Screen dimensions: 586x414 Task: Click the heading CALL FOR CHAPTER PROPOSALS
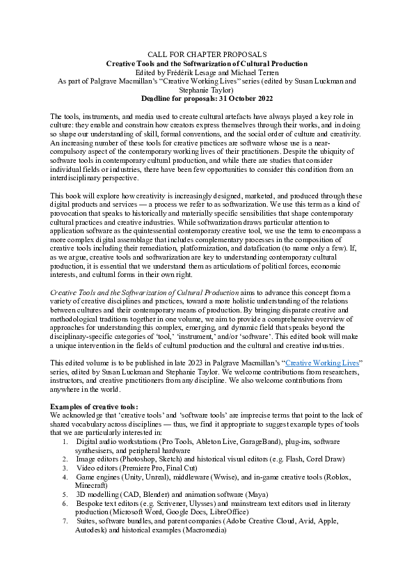207,54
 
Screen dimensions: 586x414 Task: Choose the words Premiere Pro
146,468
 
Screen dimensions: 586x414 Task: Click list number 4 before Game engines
65,477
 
